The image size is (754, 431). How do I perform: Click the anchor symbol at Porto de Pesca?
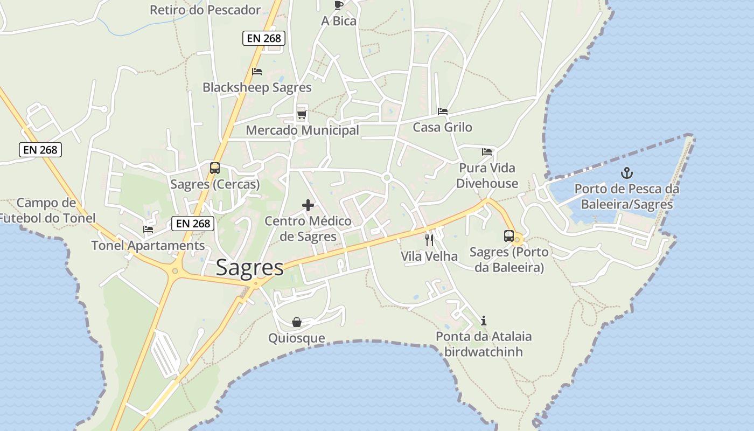click(x=626, y=173)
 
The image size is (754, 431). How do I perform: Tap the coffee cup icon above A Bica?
click(x=338, y=5)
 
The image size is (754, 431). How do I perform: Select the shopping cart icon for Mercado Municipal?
click(x=302, y=114)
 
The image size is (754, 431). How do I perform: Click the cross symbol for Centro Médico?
click(x=308, y=205)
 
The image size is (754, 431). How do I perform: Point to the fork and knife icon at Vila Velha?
click(x=429, y=240)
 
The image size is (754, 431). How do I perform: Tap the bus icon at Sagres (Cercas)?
click(x=214, y=168)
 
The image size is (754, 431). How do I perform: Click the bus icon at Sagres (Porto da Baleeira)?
click(x=508, y=235)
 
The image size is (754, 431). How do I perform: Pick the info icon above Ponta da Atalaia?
click(x=484, y=321)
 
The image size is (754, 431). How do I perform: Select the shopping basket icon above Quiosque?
click(x=296, y=322)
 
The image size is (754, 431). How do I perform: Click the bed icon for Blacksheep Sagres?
click(x=257, y=71)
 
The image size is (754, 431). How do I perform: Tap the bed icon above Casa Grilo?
click(x=443, y=112)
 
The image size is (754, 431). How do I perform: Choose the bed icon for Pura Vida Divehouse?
click(x=487, y=152)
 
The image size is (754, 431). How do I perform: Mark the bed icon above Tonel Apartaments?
click(x=148, y=230)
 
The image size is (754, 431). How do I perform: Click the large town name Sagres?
click(x=250, y=268)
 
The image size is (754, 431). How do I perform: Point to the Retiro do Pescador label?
click(x=205, y=10)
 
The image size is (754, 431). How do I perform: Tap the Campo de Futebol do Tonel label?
click(x=47, y=211)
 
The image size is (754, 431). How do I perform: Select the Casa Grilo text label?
click(x=442, y=127)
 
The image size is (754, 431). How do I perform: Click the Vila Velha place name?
click(x=429, y=256)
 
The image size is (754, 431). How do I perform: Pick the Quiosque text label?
click(x=297, y=338)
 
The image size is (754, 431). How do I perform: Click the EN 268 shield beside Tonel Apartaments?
click(x=193, y=223)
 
